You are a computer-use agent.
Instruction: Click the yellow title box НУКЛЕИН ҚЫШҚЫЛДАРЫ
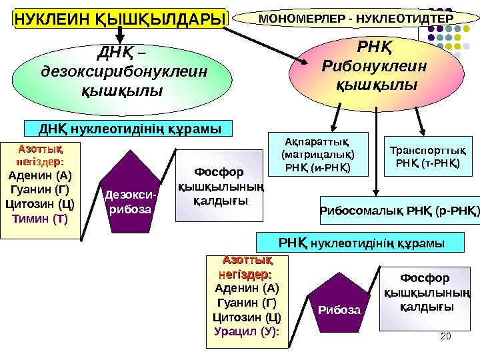121,19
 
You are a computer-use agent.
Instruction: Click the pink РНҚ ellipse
373,68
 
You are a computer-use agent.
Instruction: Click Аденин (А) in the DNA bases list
40,176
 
